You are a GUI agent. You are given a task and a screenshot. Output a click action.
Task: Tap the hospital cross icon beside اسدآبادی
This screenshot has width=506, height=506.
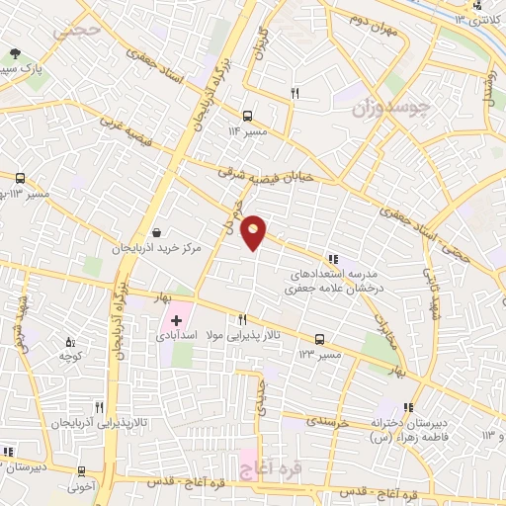[x=177, y=320]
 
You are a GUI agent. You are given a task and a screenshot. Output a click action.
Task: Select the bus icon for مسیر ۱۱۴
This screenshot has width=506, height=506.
[x=246, y=115]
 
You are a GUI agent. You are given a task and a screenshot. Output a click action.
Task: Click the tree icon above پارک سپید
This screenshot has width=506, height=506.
[x=14, y=54]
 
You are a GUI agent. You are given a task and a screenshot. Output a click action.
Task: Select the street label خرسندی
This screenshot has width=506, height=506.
[x=327, y=422]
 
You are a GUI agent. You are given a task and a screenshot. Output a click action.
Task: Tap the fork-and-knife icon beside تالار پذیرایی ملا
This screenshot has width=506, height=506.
[x=242, y=320]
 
